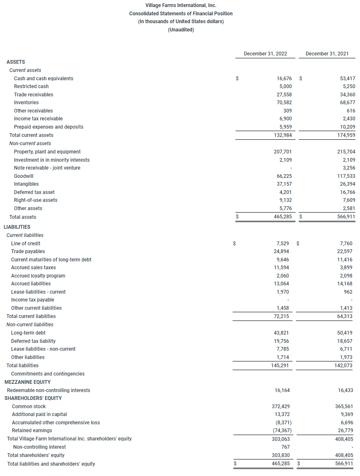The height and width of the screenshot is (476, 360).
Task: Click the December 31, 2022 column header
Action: pyautogui.click(x=265, y=54)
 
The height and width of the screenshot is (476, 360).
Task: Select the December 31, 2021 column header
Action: pyautogui.click(x=327, y=54)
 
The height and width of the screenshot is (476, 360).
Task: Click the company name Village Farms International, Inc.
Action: pyautogui.click(x=181, y=5)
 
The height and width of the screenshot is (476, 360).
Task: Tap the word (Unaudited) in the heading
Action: pyautogui.click(x=181, y=30)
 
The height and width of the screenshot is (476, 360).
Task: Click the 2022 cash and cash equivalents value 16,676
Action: pyautogui.click(x=284, y=78)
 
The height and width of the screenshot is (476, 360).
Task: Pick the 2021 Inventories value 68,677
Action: pyautogui.click(x=346, y=103)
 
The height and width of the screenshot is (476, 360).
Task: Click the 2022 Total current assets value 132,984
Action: pyautogui.click(x=283, y=135)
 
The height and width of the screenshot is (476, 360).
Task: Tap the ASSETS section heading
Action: pyautogui.click(x=16, y=62)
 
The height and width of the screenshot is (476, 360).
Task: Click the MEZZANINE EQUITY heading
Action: pyautogui.click(x=27, y=382)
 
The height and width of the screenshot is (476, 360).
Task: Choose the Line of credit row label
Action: pyautogui.click(x=26, y=244)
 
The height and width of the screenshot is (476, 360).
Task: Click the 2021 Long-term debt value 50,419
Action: pyautogui.click(x=345, y=333)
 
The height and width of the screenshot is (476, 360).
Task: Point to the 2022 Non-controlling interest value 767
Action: pyautogui.click(x=285, y=447)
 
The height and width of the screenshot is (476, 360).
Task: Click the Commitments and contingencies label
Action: pyautogui.click(x=48, y=374)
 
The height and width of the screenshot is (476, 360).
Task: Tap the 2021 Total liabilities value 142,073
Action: pyautogui.click(x=344, y=366)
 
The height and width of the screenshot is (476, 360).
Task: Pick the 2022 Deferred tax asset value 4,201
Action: pyautogui.click(x=284, y=192)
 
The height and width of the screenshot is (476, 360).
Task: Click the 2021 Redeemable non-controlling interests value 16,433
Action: pyautogui.click(x=345, y=390)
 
